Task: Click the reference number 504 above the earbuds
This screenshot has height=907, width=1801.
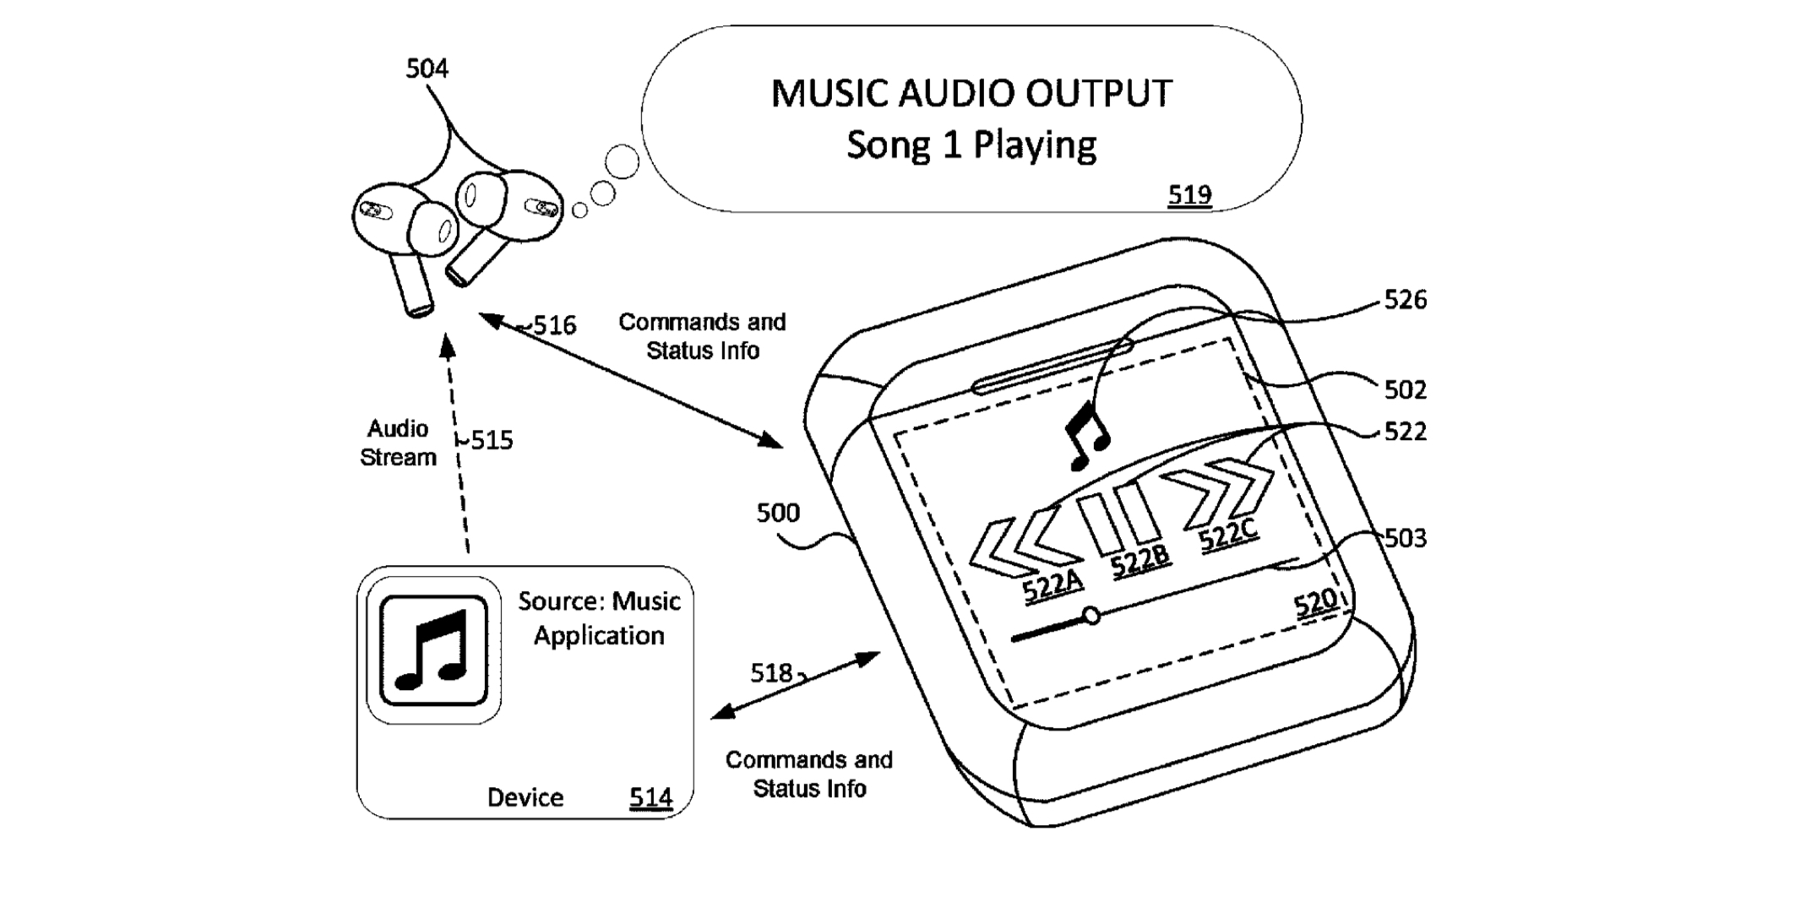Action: tap(427, 68)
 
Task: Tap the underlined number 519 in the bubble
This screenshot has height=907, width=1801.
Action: tap(1189, 195)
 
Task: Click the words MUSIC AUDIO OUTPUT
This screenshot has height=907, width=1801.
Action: tap(971, 94)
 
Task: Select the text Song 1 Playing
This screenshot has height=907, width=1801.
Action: tap(971, 145)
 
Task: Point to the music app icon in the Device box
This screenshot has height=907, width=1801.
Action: tap(433, 649)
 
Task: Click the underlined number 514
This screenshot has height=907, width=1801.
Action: tap(650, 797)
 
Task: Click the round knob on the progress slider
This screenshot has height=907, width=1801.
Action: tap(1091, 615)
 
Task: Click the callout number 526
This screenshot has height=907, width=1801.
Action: tap(1405, 300)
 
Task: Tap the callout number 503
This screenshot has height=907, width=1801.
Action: tap(1405, 538)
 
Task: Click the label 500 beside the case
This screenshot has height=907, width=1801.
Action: tap(777, 513)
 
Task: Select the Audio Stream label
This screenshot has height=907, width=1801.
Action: tap(398, 443)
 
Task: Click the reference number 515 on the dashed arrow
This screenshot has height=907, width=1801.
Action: tap(492, 440)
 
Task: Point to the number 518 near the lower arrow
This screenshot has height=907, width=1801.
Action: tap(770, 673)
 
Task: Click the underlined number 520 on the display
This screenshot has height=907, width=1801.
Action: tap(1314, 603)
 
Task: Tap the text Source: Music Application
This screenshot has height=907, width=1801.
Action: tap(598, 618)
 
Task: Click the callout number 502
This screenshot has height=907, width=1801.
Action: tap(1405, 389)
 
